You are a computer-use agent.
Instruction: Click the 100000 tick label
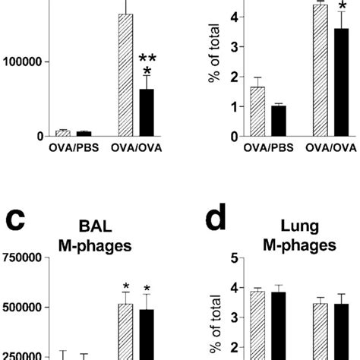pyautogui.click(x=24, y=62)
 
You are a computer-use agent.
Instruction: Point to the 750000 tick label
pyautogui.click(x=24, y=257)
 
